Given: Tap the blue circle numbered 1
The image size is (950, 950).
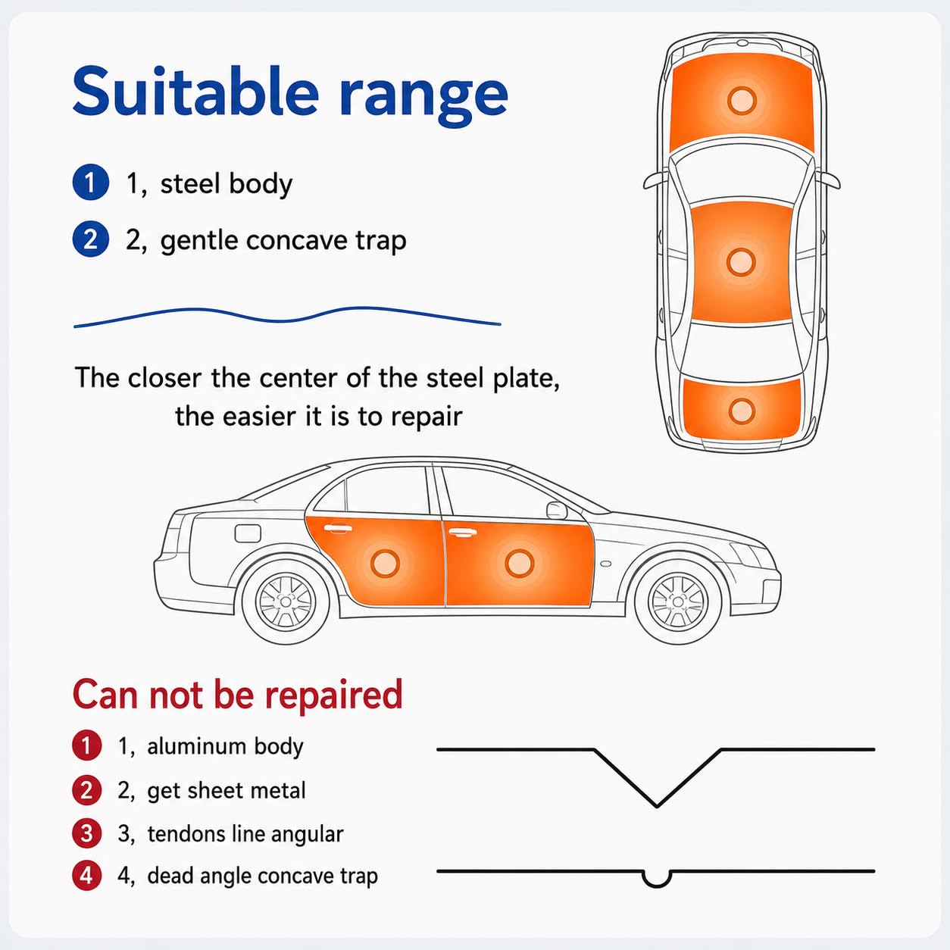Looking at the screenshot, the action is [90, 183].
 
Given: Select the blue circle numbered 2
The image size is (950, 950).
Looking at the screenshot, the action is [90, 239].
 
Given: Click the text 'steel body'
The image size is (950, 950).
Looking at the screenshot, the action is [227, 184].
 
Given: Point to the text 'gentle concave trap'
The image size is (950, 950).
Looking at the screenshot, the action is [283, 241].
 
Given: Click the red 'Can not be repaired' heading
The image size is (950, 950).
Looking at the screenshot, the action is [238, 694].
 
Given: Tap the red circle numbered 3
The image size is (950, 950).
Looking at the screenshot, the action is [87, 833].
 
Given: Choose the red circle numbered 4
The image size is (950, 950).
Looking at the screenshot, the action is [87, 876].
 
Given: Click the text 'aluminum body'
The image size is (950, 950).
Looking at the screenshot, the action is [225, 746].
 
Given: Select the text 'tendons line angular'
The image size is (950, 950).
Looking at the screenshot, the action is [245, 834].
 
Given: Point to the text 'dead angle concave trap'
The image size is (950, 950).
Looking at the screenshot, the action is [262, 877].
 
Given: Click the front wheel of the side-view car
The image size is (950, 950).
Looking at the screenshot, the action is [678, 602].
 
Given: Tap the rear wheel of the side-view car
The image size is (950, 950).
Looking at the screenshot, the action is [286, 602].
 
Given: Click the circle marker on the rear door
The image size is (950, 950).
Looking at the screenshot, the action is [385, 563].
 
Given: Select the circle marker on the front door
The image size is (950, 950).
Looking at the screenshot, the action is [519, 563].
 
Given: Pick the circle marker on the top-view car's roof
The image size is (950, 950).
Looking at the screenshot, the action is [740, 261].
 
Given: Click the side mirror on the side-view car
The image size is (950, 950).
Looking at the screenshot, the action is [557, 511].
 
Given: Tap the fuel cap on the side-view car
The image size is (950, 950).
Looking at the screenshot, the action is [248, 533].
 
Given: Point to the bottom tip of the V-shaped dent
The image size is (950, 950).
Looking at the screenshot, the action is [657, 807].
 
